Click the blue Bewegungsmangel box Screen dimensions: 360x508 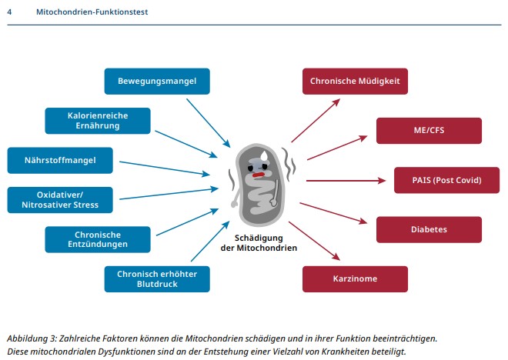pyautogui.click(x=157, y=81)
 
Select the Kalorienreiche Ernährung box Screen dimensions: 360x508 pyautogui.click(x=98, y=120)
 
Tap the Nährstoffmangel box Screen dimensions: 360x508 pyautogui.click(x=60, y=161)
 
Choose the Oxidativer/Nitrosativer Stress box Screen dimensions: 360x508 pyautogui.click(x=60, y=200)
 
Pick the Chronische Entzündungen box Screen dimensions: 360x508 pyautogui.click(x=98, y=239)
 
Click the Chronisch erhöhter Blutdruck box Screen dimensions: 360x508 pyautogui.click(x=157, y=278)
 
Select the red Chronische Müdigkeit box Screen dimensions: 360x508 pyautogui.click(x=355, y=81)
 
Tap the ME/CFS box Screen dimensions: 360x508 pyautogui.click(x=429, y=131)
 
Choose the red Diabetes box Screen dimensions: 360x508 pyautogui.click(x=429, y=229)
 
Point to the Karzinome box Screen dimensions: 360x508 pyautogui.click(x=355, y=278)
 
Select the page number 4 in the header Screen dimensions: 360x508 pyautogui.click(x=9, y=12)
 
